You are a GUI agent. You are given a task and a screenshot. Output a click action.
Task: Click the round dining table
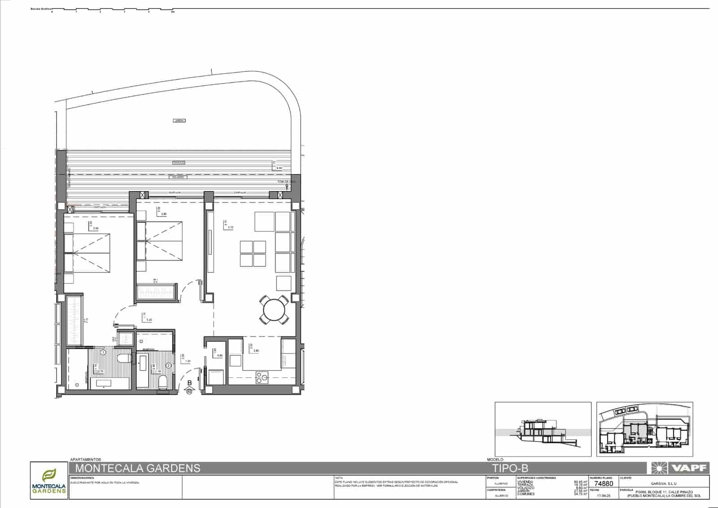coord(274,309)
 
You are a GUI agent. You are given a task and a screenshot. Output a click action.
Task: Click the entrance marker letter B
coord(189,383)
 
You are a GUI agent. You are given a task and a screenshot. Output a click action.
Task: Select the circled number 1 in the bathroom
coord(103,353)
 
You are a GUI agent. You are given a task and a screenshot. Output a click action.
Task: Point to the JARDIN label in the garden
coord(179,120)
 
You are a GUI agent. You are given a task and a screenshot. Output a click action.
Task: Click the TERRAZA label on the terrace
coord(179,163)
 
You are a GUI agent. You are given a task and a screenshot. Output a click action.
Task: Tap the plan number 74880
coord(604,484)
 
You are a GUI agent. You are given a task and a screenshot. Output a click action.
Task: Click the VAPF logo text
coord(689,468)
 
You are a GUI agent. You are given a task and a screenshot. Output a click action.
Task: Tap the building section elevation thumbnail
coord(543,429)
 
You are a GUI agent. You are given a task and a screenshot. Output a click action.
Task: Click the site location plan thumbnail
coord(644,429)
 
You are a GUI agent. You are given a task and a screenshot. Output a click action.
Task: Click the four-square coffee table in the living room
coord(253,254)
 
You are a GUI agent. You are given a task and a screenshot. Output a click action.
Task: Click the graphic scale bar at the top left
coord(112,9)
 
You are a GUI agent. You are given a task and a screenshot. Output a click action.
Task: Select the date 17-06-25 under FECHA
coord(604,496)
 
